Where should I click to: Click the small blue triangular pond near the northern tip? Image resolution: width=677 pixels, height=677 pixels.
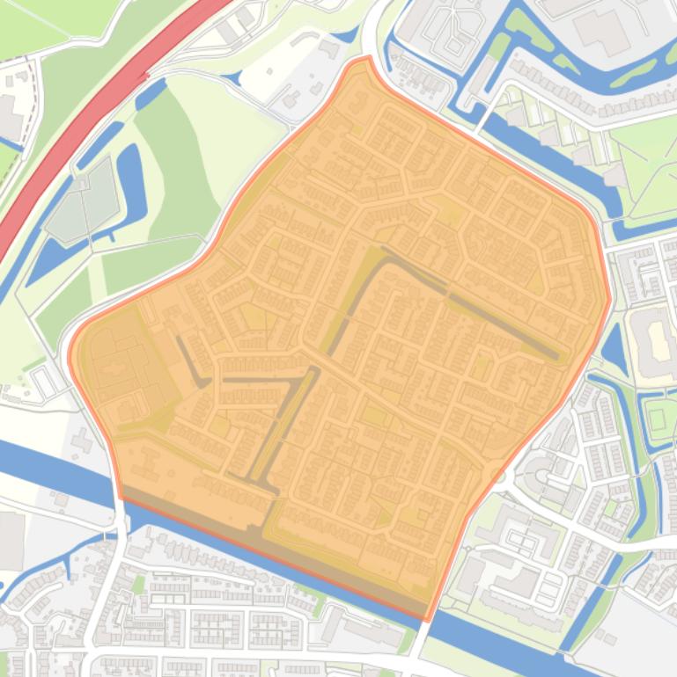(x=345, y=35)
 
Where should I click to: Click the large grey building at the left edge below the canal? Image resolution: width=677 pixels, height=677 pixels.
(x=11, y=540)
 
